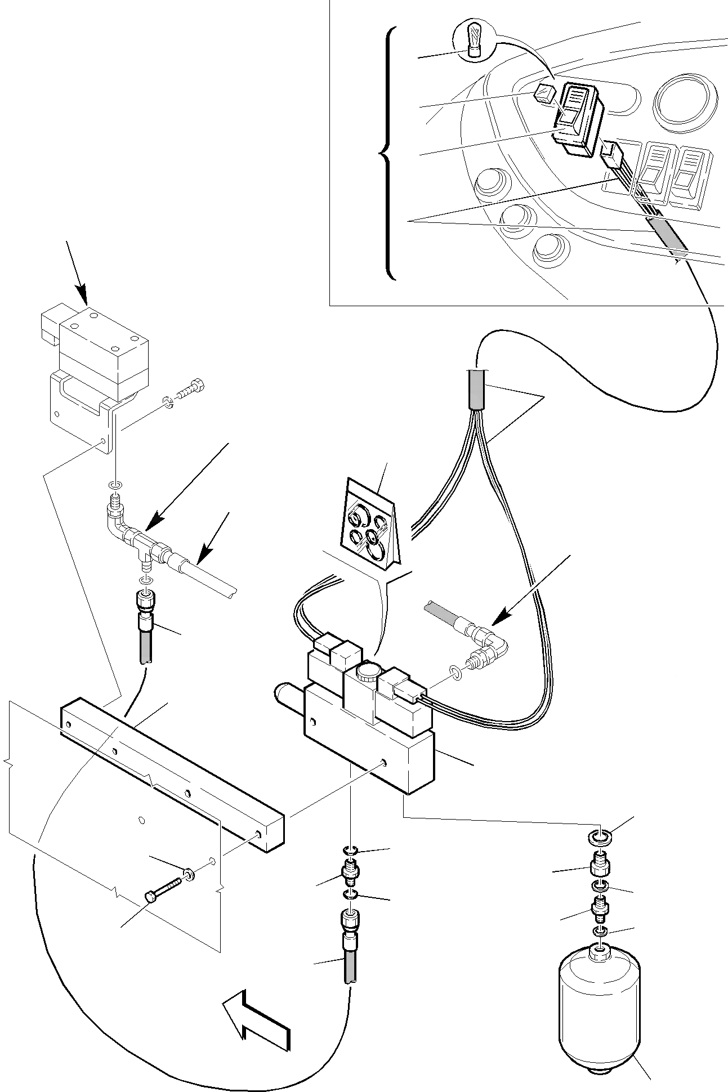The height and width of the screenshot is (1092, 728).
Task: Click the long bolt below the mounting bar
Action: click(x=163, y=890)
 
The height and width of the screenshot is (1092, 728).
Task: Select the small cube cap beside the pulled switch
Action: click(x=544, y=93)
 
